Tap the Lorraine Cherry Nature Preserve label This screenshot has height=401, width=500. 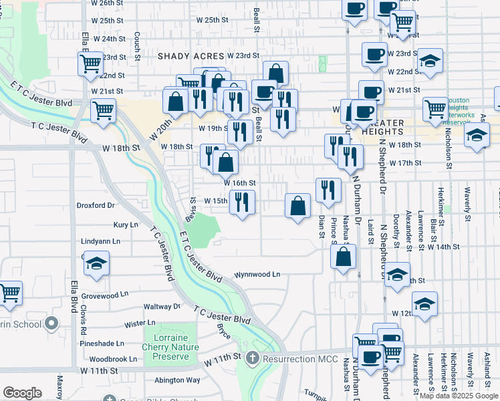[170, 348]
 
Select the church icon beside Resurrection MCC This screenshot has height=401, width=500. [252, 358]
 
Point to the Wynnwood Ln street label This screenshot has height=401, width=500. [257, 275]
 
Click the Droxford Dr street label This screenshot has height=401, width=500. [96, 205]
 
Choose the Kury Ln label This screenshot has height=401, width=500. [126, 225]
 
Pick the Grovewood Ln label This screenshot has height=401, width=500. [105, 295]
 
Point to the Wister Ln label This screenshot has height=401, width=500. [140, 323]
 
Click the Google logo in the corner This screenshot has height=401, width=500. [22, 393]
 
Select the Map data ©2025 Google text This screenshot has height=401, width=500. [459, 396]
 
